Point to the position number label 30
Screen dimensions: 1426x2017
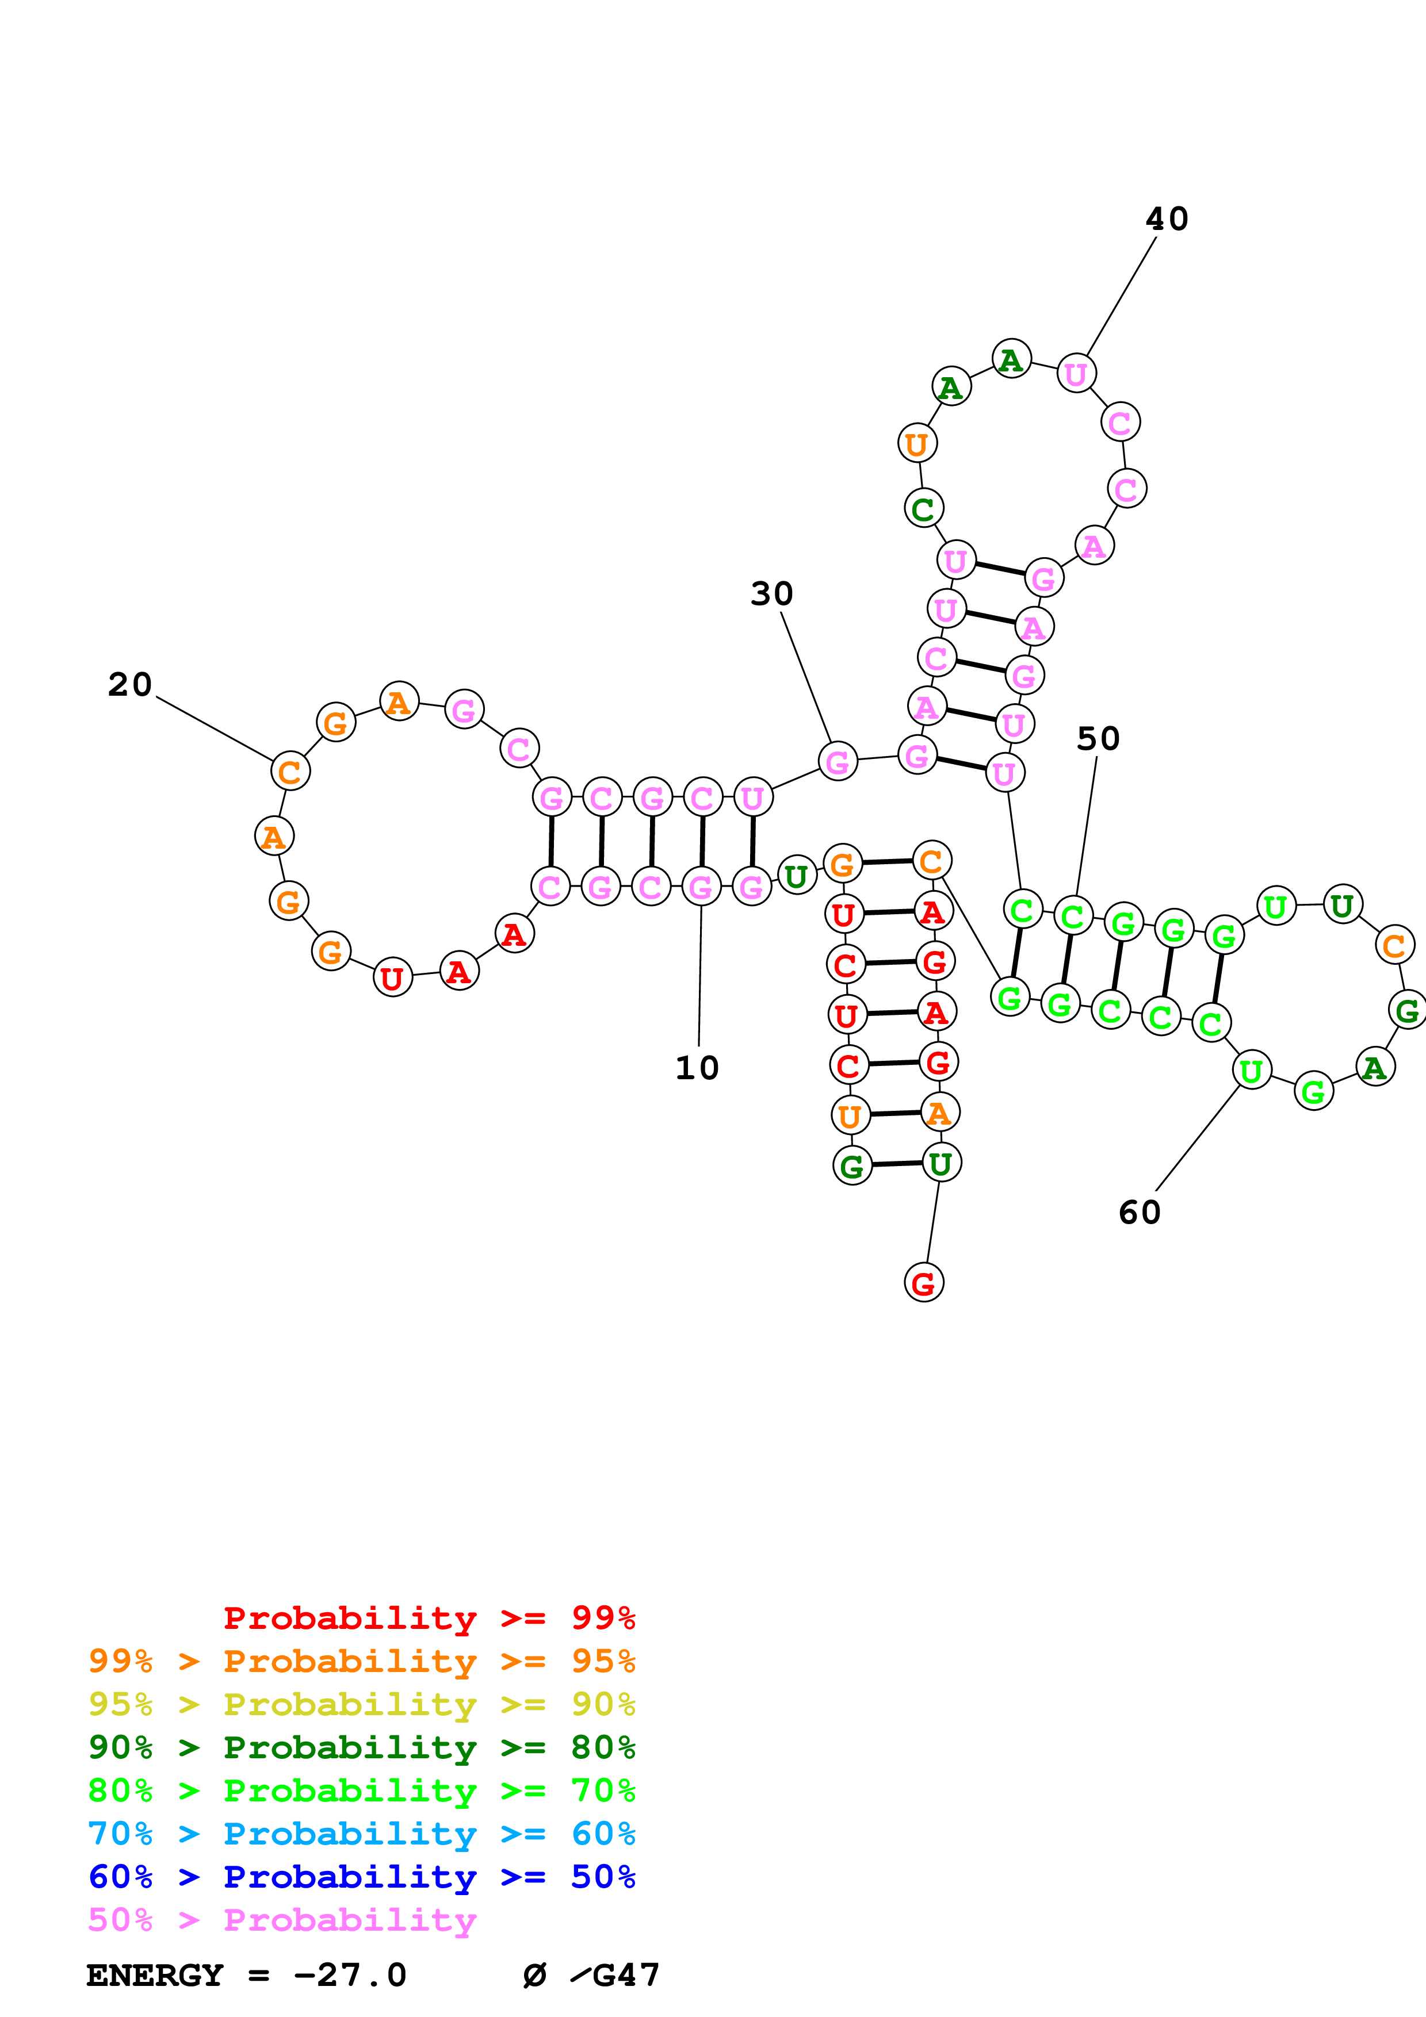(x=771, y=594)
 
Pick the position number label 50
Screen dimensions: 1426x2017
(x=1098, y=739)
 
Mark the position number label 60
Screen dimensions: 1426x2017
(x=1140, y=1213)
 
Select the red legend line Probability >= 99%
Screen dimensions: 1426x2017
(x=429, y=1618)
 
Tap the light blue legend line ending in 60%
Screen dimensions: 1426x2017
(x=361, y=1834)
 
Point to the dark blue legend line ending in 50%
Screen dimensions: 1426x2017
(x=361, y=1877)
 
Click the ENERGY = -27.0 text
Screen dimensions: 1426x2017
(x=246, y=1976)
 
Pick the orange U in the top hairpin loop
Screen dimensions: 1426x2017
(x=916, y=444)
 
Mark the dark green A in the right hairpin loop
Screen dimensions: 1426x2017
(x=1375, y=1067)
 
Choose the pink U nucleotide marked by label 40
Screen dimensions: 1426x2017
(x=1076, y=374)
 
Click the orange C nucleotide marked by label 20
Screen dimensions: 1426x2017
(x=290, y=771)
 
